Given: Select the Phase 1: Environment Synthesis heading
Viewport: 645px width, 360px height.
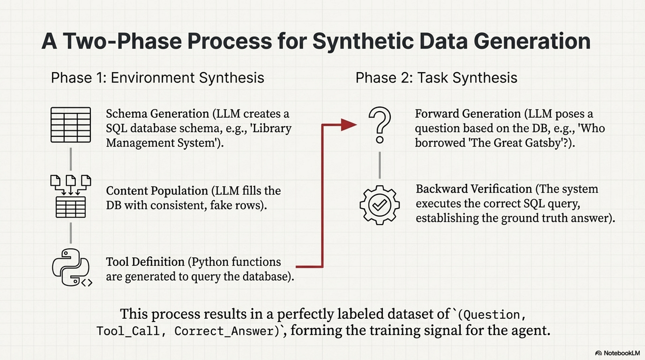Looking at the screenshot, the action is click(157, 78).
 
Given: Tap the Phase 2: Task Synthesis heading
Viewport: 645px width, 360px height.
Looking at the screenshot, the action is click(436, 78).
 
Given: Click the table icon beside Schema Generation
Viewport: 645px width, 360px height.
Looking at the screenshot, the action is click(71, 124).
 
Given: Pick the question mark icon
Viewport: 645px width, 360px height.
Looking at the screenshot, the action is click(379, 126).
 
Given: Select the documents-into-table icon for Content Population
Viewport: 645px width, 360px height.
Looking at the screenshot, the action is click(71, 196).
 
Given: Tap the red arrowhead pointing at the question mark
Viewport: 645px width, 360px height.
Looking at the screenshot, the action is click(349, 125).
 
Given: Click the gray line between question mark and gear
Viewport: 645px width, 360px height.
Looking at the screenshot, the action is click(379, 165).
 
